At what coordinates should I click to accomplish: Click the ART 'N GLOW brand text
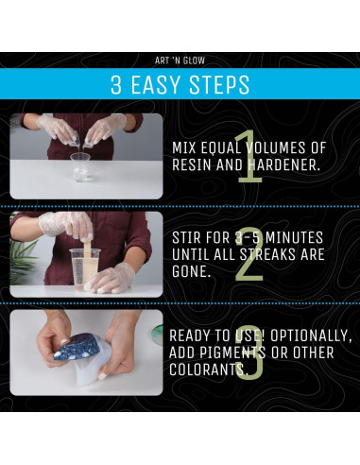180,60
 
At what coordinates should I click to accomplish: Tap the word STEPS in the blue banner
219,84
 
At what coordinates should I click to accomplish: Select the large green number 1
249,157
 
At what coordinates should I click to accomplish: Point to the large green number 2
249,254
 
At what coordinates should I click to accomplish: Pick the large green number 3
249,353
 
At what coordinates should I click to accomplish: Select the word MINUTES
295,238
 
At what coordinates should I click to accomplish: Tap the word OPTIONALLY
311,336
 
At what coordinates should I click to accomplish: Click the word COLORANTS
207,370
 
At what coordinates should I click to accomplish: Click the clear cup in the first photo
80,167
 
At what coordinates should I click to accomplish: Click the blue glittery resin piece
77,347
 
